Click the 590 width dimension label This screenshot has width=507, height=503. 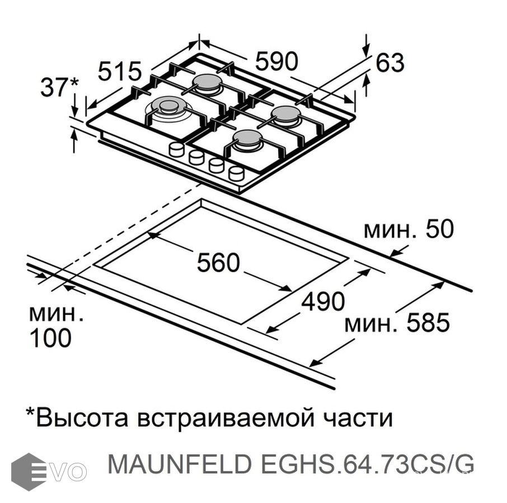[x=277, y=61]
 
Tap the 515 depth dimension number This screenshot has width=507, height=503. [x=120, y=72]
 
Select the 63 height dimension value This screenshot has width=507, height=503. [x=389, y=63]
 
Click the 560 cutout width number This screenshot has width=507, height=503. [x=218, y=263]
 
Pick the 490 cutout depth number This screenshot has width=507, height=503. [x=323, y=302]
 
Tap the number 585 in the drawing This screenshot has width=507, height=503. [x=428, y=323]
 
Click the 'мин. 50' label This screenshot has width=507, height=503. [x=408, y=230]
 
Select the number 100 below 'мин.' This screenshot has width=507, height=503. [x=50, y=338]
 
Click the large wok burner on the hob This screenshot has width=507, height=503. [x=168, y=107]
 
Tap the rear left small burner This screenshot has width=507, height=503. [x=208, y=83]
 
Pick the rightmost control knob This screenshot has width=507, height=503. [x=236, y=173]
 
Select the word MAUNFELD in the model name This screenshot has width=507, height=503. [x=171, y=464]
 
